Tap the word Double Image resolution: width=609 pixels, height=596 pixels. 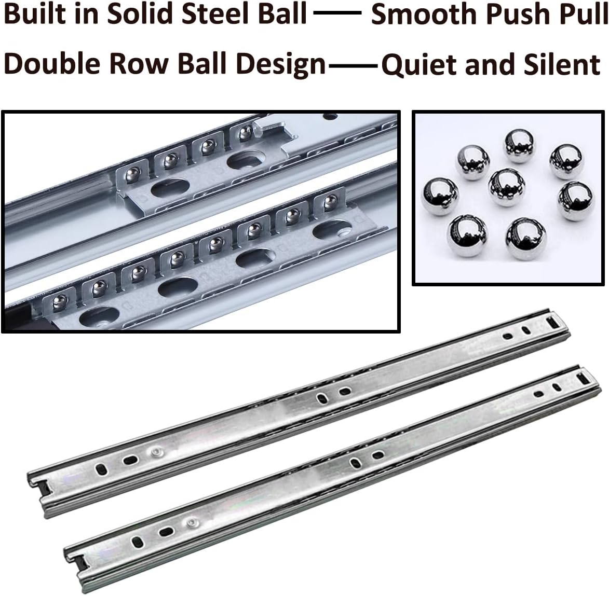[49, 65]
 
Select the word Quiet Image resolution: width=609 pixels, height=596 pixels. [418, 65]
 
